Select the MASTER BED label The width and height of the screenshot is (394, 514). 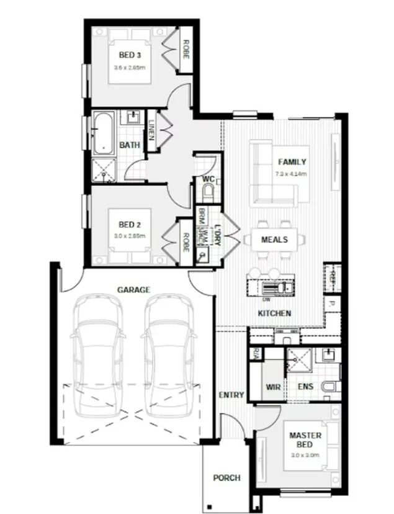tap(305, 440)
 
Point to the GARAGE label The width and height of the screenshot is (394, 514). tap(134, 289)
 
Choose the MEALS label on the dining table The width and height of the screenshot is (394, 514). tap(274, 239)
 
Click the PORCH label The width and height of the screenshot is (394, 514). tap(226, 478)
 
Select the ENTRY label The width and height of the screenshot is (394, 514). tap(231, 395)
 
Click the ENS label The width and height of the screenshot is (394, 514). tap(305, 386)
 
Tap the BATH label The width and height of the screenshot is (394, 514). tap(130, 145)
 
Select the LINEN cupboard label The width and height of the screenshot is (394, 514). tap(151, 130)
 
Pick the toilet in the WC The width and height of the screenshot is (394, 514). tap(208, 191)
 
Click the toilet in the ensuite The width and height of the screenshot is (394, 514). tap(329, 386)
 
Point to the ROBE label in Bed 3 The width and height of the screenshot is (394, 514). tap(186, 50)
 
